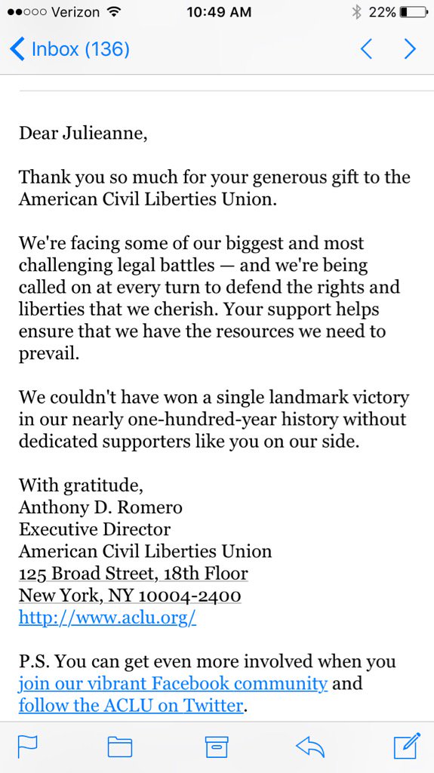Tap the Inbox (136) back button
point(69,50)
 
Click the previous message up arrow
point(366,50)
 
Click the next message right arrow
point(410,50)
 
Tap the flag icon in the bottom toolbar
point(28,747)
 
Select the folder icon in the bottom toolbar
point(119,747)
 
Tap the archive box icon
point(217,747)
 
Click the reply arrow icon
point(309,747)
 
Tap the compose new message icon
point(406,746)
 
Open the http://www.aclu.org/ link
point(107,617)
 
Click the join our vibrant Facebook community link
point(173,684)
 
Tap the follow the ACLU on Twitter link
point(131,707)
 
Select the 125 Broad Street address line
point(133,573)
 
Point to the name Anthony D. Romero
point(100,507)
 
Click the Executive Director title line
point(94,529)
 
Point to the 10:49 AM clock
point(219,12)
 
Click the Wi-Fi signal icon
point(113,12)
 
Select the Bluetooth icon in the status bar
point(356,12)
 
